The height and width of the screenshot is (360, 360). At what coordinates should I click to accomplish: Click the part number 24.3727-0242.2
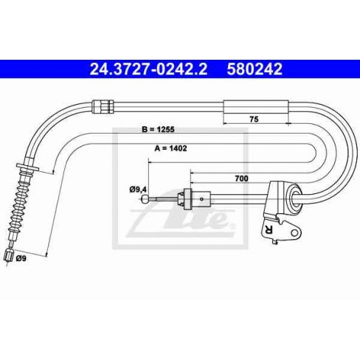(x=148, y=69)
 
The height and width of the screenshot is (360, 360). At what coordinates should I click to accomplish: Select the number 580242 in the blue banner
(x=255, y=69)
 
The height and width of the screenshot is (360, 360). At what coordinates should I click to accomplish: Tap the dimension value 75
(x=254, y=120)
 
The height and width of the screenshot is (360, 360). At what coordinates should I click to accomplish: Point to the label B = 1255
(x=158, y=129)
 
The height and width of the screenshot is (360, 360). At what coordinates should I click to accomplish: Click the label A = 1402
(x=170, y=148)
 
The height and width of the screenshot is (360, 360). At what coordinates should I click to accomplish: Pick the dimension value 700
(x=241, y=179)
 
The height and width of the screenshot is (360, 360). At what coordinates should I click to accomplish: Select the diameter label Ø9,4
(x=138, y=190)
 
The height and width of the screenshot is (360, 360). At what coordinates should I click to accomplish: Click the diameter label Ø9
(x=21, y=258)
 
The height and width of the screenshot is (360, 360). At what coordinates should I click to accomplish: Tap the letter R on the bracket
(x=268, y=229)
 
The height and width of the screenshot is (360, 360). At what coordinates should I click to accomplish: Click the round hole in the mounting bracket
(x=294, y=232)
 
